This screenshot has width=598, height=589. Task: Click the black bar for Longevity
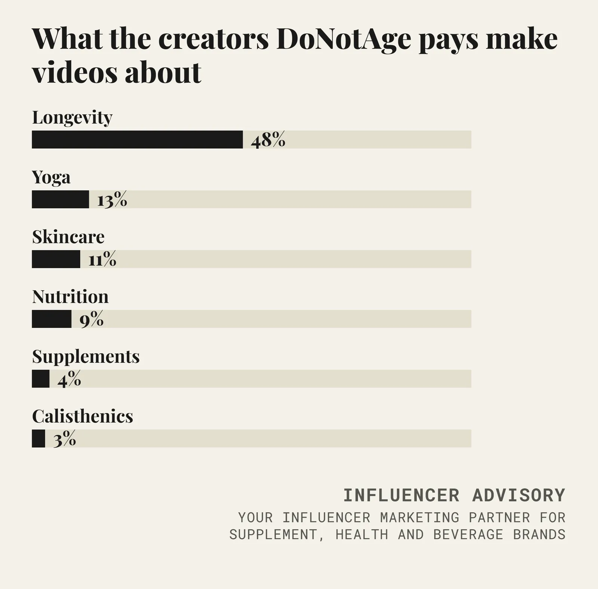click(x=137, y=139)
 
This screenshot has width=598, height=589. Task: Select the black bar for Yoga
click(x=61, y=199)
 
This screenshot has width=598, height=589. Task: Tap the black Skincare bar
click(x=56, y=259)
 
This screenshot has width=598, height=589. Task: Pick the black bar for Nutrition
click(x=52, y=319)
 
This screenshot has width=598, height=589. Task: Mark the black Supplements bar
click(x=41, y=379)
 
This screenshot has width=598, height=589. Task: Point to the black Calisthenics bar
click(x=38, y=438)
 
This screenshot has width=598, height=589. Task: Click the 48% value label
click(x=268, y=140)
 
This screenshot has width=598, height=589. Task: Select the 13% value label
click(x=112, y=200)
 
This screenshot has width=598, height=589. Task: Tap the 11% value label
click(x=102, y=259)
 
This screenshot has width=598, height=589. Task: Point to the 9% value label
click(x=92, y=319)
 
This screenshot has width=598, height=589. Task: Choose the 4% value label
click(x=69, y=379)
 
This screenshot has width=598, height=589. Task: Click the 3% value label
click(x=65, y=439)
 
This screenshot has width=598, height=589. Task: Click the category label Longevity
click(x=72, y=118)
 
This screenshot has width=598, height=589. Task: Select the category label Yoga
click(x=51, y=178)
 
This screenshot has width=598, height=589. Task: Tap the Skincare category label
click(x=68, y=237)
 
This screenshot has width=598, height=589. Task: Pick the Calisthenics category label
click(x=83, y=416)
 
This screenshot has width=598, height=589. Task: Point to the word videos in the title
click(x=75, y=72)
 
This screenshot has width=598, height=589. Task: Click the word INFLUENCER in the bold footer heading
click(x=401, y=495)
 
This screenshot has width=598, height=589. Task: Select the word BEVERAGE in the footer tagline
click(x=468, y=534)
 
